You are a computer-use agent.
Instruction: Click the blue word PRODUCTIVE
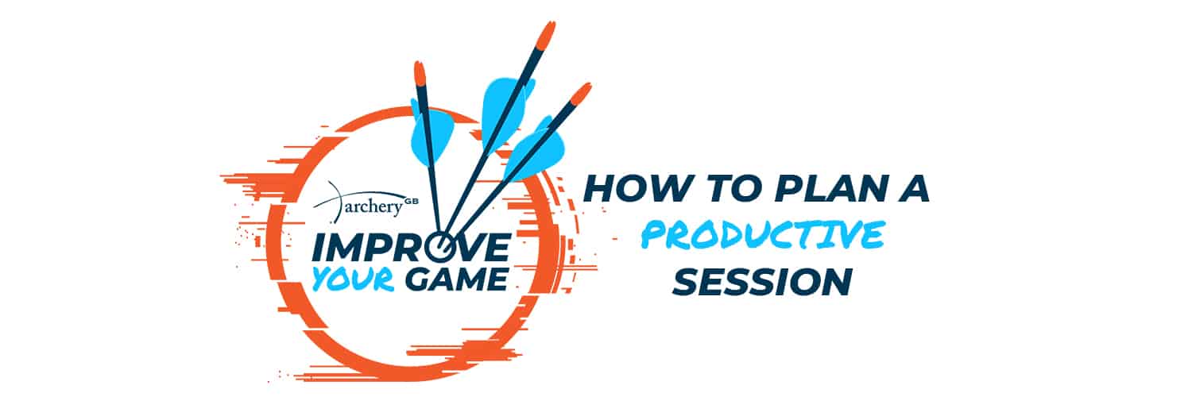pyautogui.click(x=763, y=234)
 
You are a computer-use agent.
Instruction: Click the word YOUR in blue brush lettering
pyautogui.click(x=354, y=279)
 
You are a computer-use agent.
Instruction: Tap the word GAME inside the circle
pyautogui.click(x=455, y=279)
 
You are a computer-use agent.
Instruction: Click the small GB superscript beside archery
pyautogui.click(x=412, y=202)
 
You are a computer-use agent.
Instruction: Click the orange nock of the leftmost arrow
pyautogui.click(x=420, y=75)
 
